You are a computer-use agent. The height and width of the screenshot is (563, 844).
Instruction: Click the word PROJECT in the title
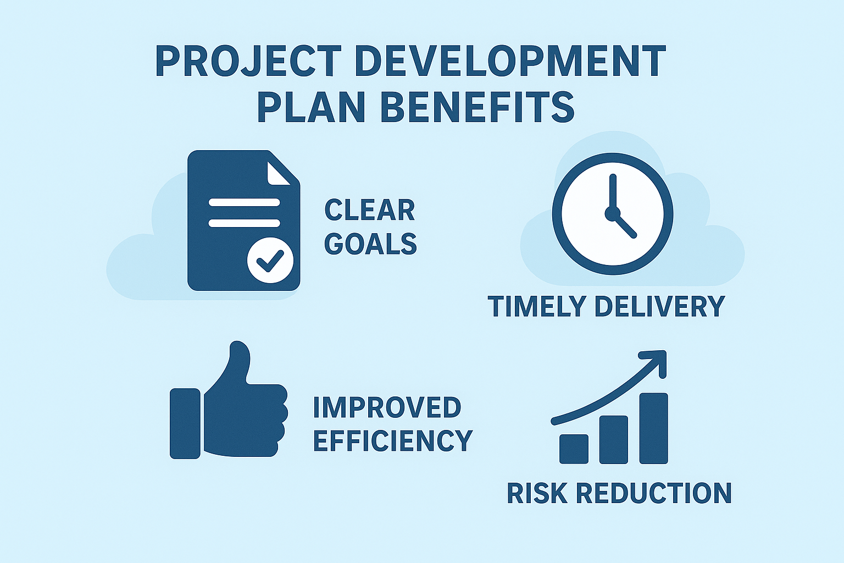coord(248,61)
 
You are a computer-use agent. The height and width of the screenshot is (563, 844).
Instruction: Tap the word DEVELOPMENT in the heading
coord(511,61)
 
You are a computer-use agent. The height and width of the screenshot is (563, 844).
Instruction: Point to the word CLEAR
coord(369,210)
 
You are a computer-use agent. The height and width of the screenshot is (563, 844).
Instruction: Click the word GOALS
coord(370,244)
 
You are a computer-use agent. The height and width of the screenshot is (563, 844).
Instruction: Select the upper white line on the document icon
coord(244,202)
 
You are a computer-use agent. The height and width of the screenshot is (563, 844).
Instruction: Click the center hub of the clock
coord(612,213)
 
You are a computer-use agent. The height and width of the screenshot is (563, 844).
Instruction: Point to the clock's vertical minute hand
coord(613,192)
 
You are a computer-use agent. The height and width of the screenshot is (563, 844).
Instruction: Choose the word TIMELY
coord(537,306)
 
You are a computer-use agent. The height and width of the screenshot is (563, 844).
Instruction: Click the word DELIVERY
coord(659,306)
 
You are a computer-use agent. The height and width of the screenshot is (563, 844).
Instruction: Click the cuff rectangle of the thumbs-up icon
coord(185,423)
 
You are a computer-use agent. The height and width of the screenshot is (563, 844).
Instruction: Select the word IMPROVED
coord(387,407)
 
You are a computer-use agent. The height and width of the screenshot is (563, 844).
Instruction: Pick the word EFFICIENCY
coord(392,440)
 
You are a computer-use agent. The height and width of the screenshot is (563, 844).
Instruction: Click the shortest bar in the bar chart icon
coord(574,449)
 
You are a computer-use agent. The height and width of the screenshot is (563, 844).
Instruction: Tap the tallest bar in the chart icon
coord(653,428)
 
